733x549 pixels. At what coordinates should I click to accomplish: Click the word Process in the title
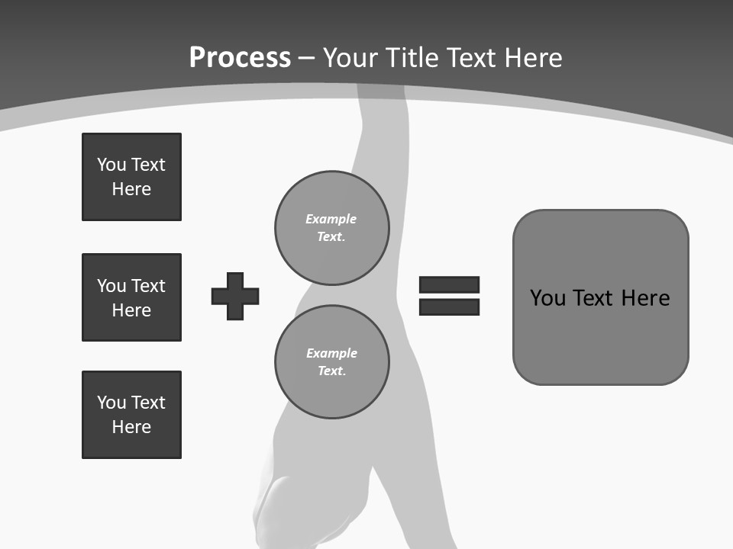[x=240, y=58]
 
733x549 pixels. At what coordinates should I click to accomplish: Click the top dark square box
[x=131, y=177]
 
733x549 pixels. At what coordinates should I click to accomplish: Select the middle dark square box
[x=131, y=297]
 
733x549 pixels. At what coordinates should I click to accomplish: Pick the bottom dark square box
[x=131, y=414]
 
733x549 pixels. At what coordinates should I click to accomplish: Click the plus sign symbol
[x=235, y=296]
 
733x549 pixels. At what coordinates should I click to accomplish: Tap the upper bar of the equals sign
[x=449, y=284]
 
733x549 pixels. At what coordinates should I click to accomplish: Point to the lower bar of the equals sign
[x=449, y=307]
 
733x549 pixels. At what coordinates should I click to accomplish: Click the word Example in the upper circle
[x=331, y=219]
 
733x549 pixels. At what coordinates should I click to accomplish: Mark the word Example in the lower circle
[x=331, y=353]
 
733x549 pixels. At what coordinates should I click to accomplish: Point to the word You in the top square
[x=111, y=165]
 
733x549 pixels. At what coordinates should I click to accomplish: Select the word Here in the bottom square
[x=131, y=427]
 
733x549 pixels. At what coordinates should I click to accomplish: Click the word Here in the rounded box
[x=645, y=297]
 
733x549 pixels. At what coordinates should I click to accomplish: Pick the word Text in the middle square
[x=148, y=286]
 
